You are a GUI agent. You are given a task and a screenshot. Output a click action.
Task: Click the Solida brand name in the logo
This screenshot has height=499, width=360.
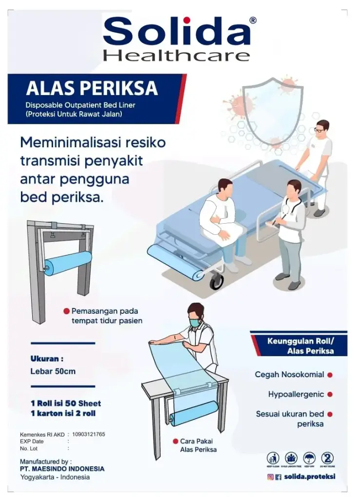point(177,32)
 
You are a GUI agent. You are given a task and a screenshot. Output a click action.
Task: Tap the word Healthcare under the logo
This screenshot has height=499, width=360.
point(176,55)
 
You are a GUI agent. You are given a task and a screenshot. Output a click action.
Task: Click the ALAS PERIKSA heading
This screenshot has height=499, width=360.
point(92,88)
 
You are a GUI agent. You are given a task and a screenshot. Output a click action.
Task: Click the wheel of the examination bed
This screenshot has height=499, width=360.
point(216,281)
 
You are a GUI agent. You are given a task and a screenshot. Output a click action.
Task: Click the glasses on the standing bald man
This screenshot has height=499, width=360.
point(319,130)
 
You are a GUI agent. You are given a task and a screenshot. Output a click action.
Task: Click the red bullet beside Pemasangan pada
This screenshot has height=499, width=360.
point(66,311)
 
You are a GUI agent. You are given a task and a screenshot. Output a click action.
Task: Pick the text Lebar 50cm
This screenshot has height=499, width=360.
point(53,371)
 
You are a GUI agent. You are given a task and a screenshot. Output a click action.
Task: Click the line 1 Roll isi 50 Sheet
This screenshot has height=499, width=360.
point(65,403)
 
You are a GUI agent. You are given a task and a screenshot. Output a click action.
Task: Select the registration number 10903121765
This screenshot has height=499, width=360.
point(89,434)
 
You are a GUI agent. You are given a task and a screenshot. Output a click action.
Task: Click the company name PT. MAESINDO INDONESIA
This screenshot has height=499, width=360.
point(62,469)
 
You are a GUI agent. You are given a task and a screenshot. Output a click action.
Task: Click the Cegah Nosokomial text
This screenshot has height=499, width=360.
point(289,375)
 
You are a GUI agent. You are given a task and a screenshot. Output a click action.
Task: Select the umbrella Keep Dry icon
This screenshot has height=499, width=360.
point(309,458)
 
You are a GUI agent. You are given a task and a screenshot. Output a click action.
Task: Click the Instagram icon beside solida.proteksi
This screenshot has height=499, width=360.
point(270,477)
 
